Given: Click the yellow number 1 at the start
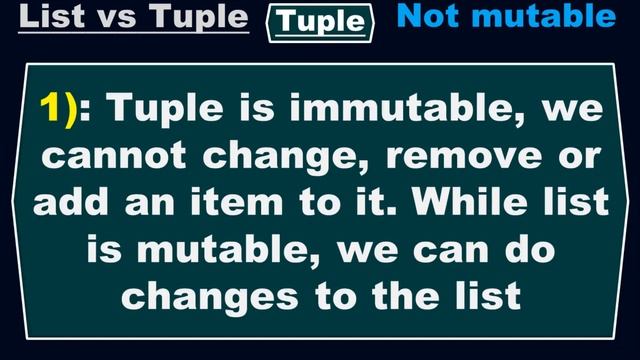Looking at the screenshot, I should [x=52, y=108].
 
